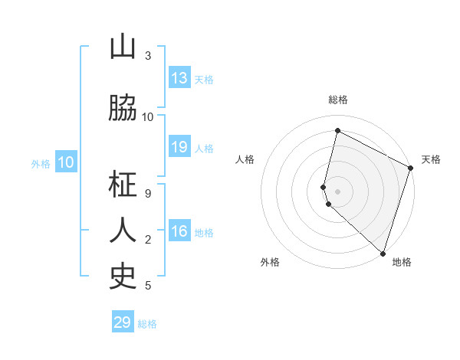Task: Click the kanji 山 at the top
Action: coord(123,47)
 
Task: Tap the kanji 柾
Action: coord(123,185)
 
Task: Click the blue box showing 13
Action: coord(179,78)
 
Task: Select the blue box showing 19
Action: coord(179,148)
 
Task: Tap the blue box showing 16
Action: coord(179,232)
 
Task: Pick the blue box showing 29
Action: coord(123,322)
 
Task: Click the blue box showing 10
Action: coord(65,162)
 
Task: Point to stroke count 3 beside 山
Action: coord(148,56)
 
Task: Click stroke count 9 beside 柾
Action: coord(148,194)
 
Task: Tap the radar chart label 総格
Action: coord(338,100)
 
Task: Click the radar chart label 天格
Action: coord(431,159)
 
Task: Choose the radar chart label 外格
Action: coord(270,263)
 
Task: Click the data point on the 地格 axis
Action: coord(383,253)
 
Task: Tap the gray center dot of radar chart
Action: coord(337,191)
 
